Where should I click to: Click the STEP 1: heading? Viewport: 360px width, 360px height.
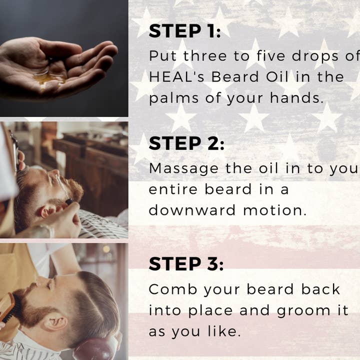tap(184, 31)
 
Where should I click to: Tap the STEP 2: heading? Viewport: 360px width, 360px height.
tap(186, 143)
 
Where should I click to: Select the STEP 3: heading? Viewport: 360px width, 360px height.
tap(186, 263)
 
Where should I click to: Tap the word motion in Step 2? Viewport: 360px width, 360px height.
tap(274, 210)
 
